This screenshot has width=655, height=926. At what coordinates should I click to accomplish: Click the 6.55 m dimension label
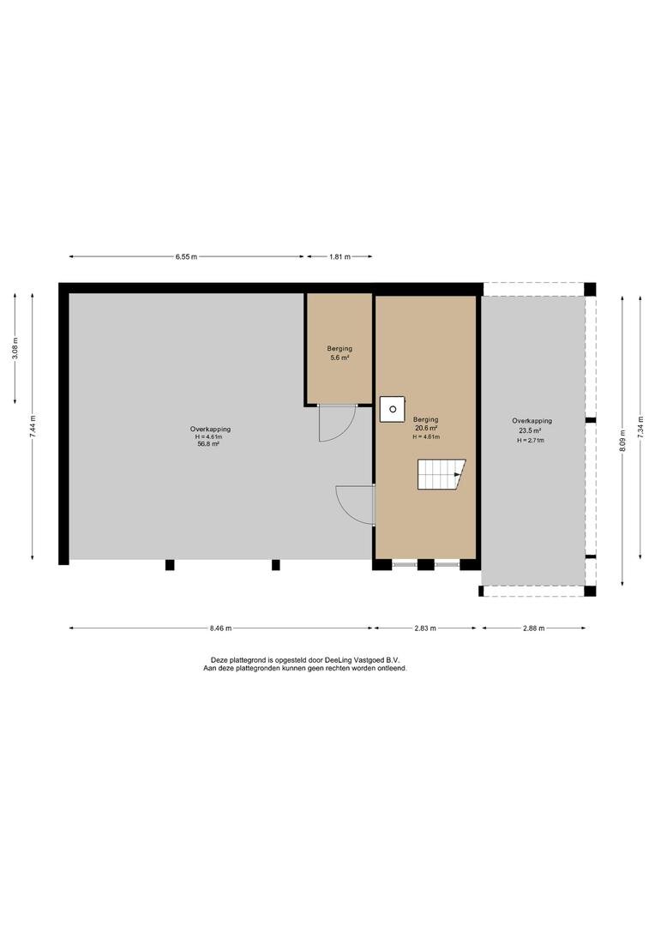[186, 257]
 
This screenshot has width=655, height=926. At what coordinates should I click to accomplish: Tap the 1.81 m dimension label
[340, 257]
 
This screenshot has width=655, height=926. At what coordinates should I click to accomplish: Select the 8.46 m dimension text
[220, 628]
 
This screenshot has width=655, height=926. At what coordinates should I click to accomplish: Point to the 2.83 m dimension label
[425, 628]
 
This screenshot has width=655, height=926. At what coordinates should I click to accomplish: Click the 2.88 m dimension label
[534, 628]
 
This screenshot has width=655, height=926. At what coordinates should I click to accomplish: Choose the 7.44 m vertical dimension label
[33, 426]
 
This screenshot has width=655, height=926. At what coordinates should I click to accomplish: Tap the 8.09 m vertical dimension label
[622, 441]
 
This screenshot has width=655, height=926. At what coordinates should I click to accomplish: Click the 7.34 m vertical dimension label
[640, 426]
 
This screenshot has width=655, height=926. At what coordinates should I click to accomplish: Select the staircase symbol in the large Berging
[442, 474]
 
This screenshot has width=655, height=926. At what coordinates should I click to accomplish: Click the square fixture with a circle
[392, 409]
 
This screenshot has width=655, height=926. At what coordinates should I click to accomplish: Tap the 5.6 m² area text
[340, 358]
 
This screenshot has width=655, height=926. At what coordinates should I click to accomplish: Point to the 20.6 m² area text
[426, 428]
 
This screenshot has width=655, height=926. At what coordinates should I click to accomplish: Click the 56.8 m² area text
[208, 444]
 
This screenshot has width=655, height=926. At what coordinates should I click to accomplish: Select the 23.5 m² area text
[532, 430]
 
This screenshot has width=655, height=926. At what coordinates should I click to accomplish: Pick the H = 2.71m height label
[531, 440]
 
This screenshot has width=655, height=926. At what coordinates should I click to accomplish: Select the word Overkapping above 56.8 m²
[210, 430]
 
